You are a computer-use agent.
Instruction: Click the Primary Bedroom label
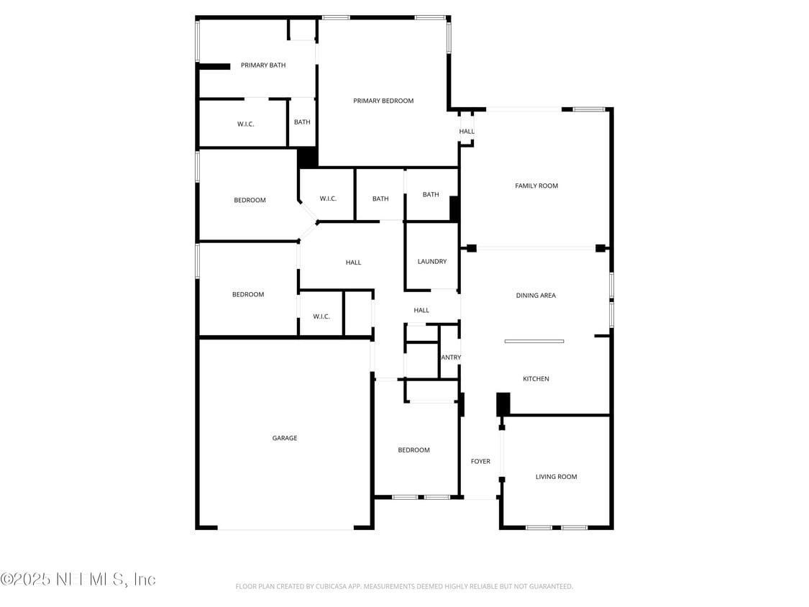click(x=383, y=101)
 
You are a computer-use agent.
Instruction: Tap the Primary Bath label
click(x=263, y=65)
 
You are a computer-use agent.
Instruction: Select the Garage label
click(x=285, y=438)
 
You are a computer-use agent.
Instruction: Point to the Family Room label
click(x=536, y=186)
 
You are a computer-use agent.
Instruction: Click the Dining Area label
click(x=536, y=296)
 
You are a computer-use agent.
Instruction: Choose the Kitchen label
click(x=536, y=379)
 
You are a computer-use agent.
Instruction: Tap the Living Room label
click(x=556, y=477)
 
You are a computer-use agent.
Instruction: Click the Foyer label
click(x=480, y=462)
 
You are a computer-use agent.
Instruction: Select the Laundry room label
click(x=432, y=262)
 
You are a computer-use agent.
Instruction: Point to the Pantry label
click(x=451, y=357)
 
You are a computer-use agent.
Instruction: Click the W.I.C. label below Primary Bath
click(x=246, y=124)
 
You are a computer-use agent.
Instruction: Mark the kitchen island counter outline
click(x=534, y=341)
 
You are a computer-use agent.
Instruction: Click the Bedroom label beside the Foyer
click(x=413, y=450)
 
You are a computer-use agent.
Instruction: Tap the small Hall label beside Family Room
click(x=467, y=132)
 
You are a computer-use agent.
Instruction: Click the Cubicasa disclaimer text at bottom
click(x=404, y=587)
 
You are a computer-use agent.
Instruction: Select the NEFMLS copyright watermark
click(x=78, y=579)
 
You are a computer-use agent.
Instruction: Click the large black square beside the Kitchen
click(x=503, y=403)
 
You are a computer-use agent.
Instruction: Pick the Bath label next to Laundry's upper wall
click(x=431, y=195)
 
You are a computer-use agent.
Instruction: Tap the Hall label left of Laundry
click(x=353, y=263)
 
